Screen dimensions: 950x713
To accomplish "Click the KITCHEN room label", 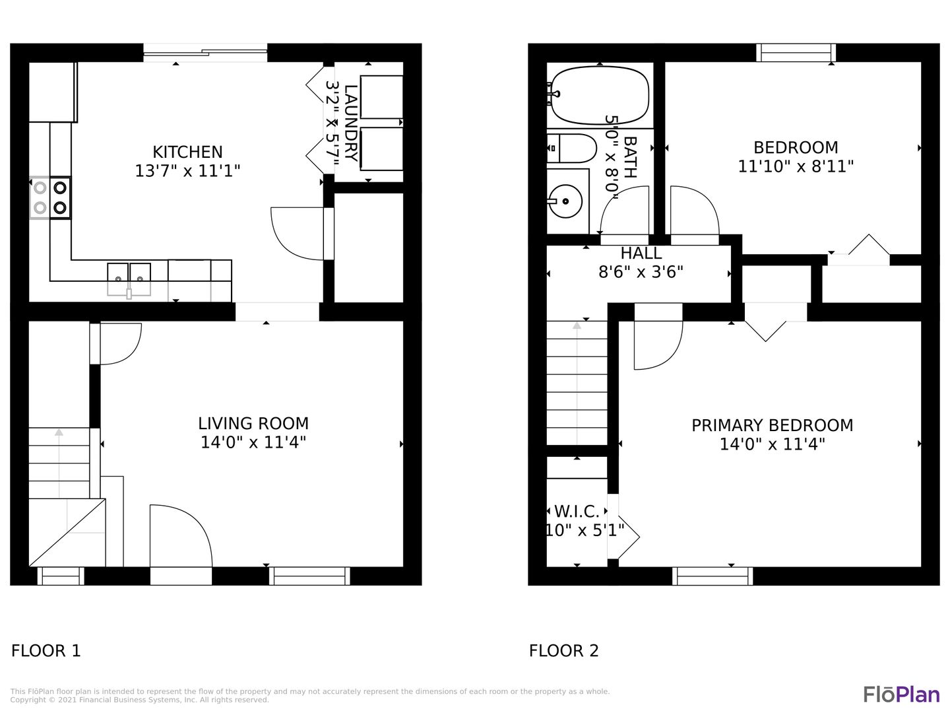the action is point(187,153).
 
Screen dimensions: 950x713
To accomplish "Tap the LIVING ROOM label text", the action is point(253,423).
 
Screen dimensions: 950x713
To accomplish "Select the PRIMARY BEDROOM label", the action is point(772,426).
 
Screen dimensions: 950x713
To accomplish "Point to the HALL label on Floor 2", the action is point(641,254).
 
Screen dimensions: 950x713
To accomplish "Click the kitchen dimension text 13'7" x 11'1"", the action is point(187,171).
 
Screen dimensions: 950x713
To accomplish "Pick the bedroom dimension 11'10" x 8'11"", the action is point(796,166).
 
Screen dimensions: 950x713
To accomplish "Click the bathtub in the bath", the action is point(600,95).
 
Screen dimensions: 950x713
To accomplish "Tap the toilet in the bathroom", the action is point(572,148).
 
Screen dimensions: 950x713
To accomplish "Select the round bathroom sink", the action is point(565,201).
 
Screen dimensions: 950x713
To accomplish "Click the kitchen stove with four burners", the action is point(50,198).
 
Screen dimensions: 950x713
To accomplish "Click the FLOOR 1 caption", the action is point(46,651).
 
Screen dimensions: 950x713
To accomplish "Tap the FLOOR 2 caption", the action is point(564,651).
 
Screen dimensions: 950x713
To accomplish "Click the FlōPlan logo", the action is point(902,694).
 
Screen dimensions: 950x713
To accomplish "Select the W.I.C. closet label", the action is point(577,512).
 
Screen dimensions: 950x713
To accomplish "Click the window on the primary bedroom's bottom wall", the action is point(712,576).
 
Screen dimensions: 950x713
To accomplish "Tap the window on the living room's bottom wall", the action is point(309,576).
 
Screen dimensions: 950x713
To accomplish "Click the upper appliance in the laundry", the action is point(381,97).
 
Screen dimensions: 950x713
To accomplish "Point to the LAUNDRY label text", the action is point(351,123).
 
